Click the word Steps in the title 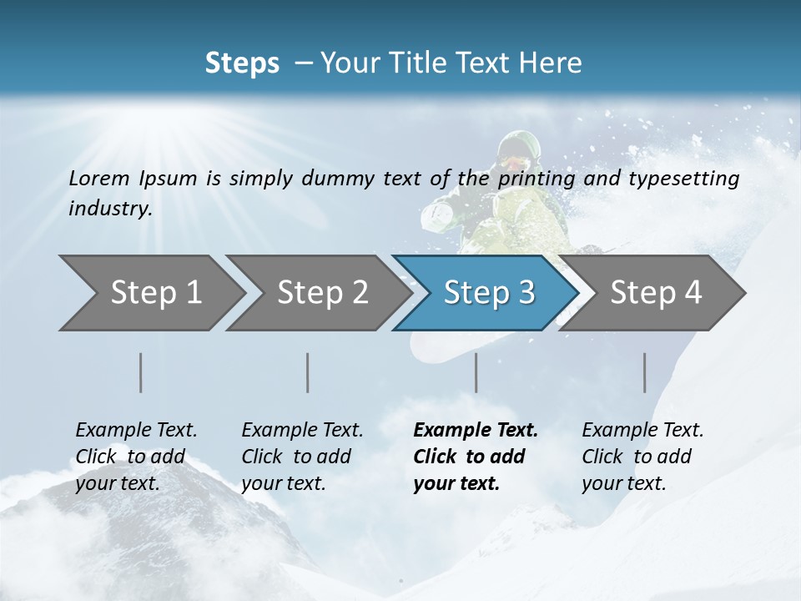click(x=242, y=63)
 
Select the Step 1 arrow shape click(x=150, y=293)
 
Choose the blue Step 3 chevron click(x=488, y=293)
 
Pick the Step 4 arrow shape click(x=655, y=293)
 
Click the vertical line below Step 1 click(x=141, y=372)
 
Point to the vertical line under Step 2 click(x=308, y=372)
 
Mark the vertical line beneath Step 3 click(x=476, y=372)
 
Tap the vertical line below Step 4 click(x=645, y=372)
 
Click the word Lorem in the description click(x=98, y=178)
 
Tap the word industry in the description click(x=110, y=208)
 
